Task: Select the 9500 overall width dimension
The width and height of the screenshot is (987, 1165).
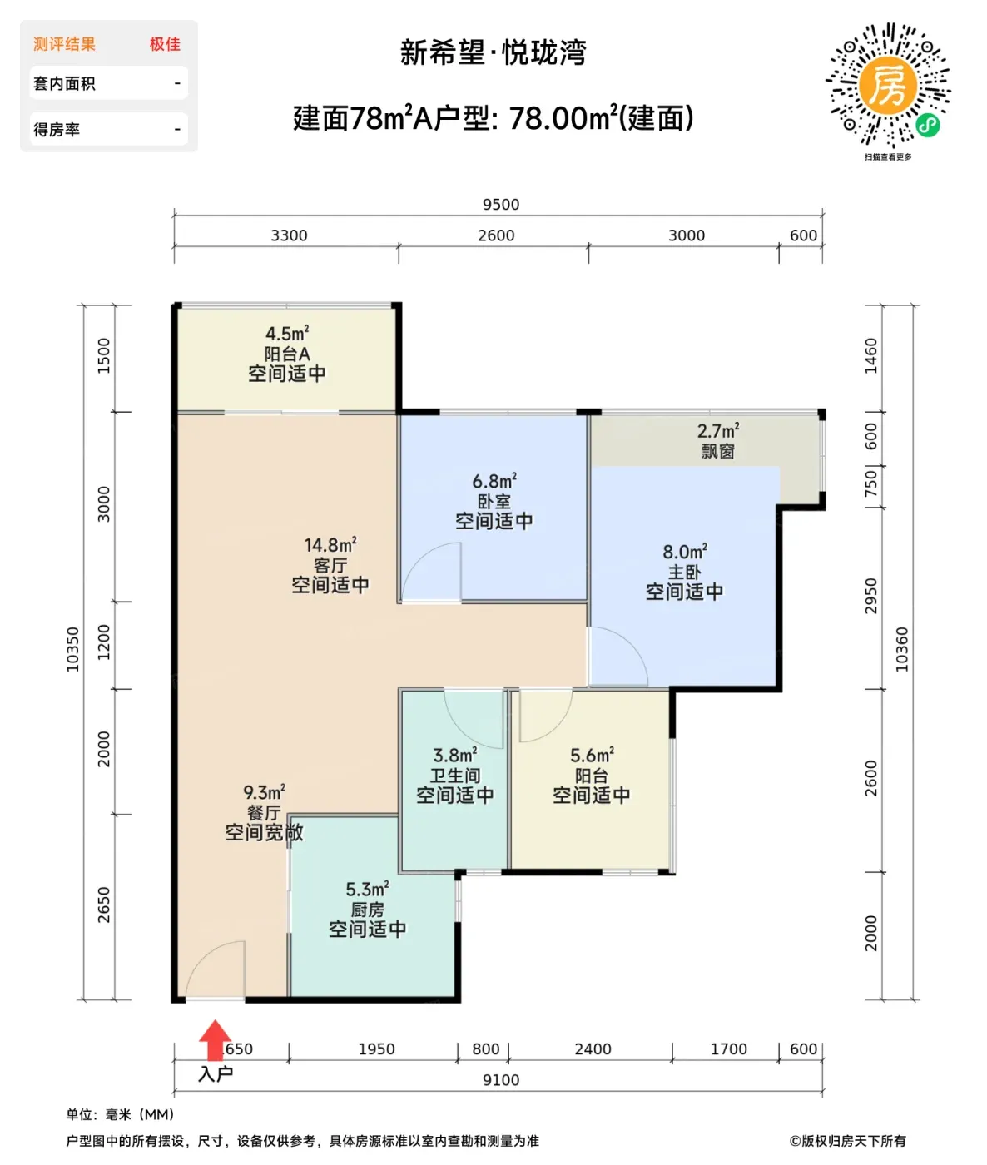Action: (x=500, y=204)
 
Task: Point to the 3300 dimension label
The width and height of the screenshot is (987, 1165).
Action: (x=289, y=235)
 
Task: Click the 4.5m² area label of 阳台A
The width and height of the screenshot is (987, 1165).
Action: (x=287, y=333)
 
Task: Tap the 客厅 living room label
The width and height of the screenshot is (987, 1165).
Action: (x=330, y=565)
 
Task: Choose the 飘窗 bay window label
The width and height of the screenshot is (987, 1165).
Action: (x=717, y=451)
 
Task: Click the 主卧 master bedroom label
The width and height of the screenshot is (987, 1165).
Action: (x=684, y=572)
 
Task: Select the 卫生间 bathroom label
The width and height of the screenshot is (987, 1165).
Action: (x=455, y=776)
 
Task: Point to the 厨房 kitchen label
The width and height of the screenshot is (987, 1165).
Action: (x=367, y=910)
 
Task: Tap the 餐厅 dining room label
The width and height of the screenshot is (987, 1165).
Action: (x=264, y=812)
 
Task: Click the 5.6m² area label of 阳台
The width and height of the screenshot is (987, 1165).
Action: (x=592, y=756)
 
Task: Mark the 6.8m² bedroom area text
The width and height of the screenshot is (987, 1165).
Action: (x=494, y=481)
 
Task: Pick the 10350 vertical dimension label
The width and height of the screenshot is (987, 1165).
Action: (x=72, y=649)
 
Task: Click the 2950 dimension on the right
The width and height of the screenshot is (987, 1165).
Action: (x=870, y=596)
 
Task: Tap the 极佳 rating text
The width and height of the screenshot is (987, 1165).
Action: (x=165, y=44)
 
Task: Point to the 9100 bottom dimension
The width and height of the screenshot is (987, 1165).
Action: (x=500, y=1080)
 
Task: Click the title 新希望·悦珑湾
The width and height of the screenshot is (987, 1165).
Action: (x=493, y=53)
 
